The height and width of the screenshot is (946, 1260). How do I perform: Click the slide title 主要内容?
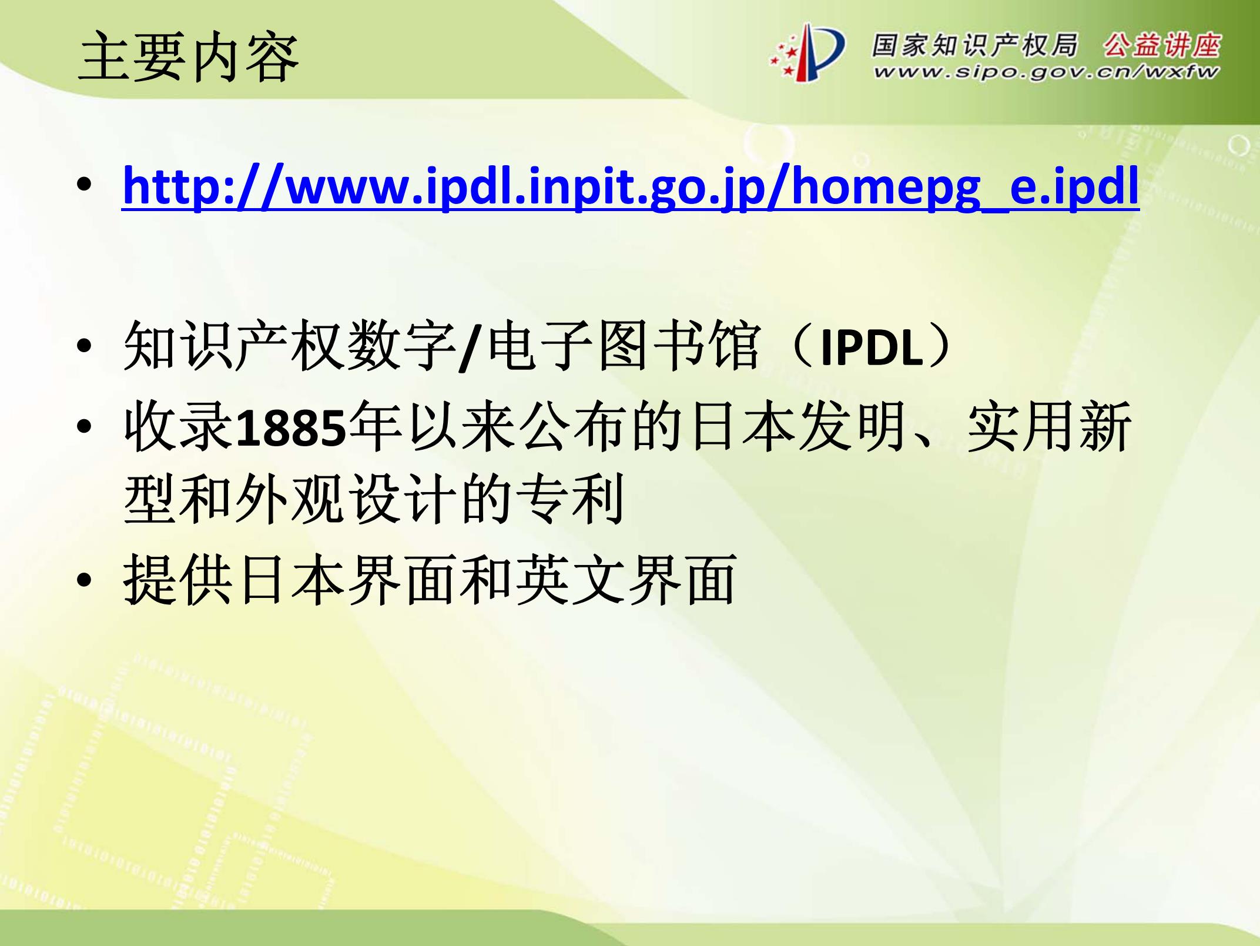coord(188,57)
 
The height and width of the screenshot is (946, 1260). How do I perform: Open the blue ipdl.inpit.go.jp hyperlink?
coord(631,187)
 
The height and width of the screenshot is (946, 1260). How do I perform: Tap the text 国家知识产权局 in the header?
coord(974,45)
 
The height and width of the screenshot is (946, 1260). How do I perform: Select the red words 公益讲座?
coord(1161,45)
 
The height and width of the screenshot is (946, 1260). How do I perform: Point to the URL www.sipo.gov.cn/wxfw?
coord(1046,73)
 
